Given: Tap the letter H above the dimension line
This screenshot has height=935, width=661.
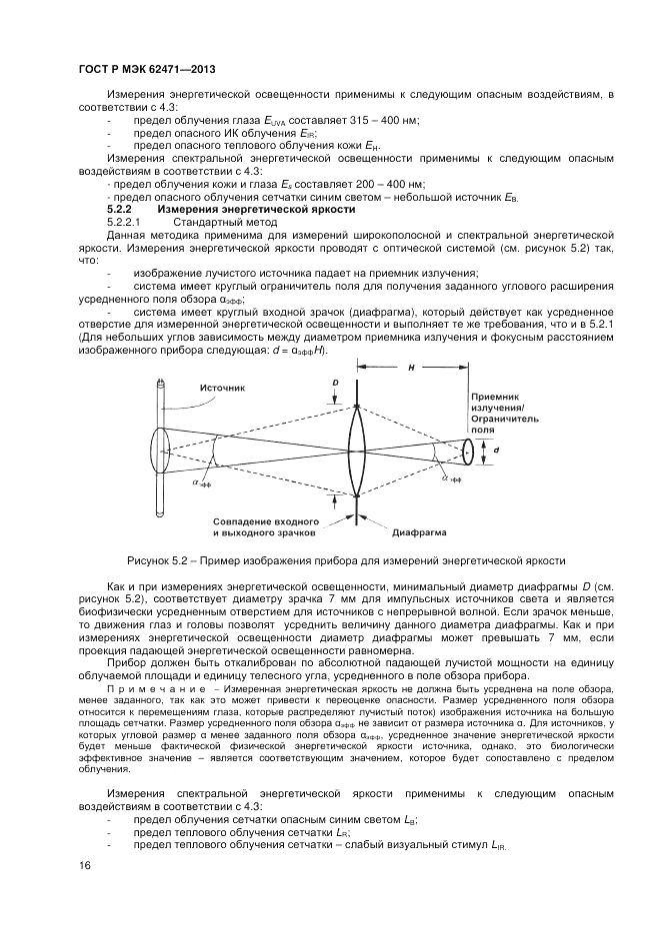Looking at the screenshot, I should coord(411,369).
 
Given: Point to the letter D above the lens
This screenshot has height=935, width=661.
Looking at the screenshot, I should coord(336,382).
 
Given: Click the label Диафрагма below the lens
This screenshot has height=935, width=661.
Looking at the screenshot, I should coord(417,531).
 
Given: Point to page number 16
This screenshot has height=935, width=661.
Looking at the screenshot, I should coord(85,865).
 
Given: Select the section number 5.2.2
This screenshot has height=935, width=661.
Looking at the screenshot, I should coord(120,210).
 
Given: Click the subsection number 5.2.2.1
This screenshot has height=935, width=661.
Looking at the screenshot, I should coord(127,222).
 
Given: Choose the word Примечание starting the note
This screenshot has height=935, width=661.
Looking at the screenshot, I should coord(150,689).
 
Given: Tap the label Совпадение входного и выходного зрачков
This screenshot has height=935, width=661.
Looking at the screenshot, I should coord(265,527).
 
